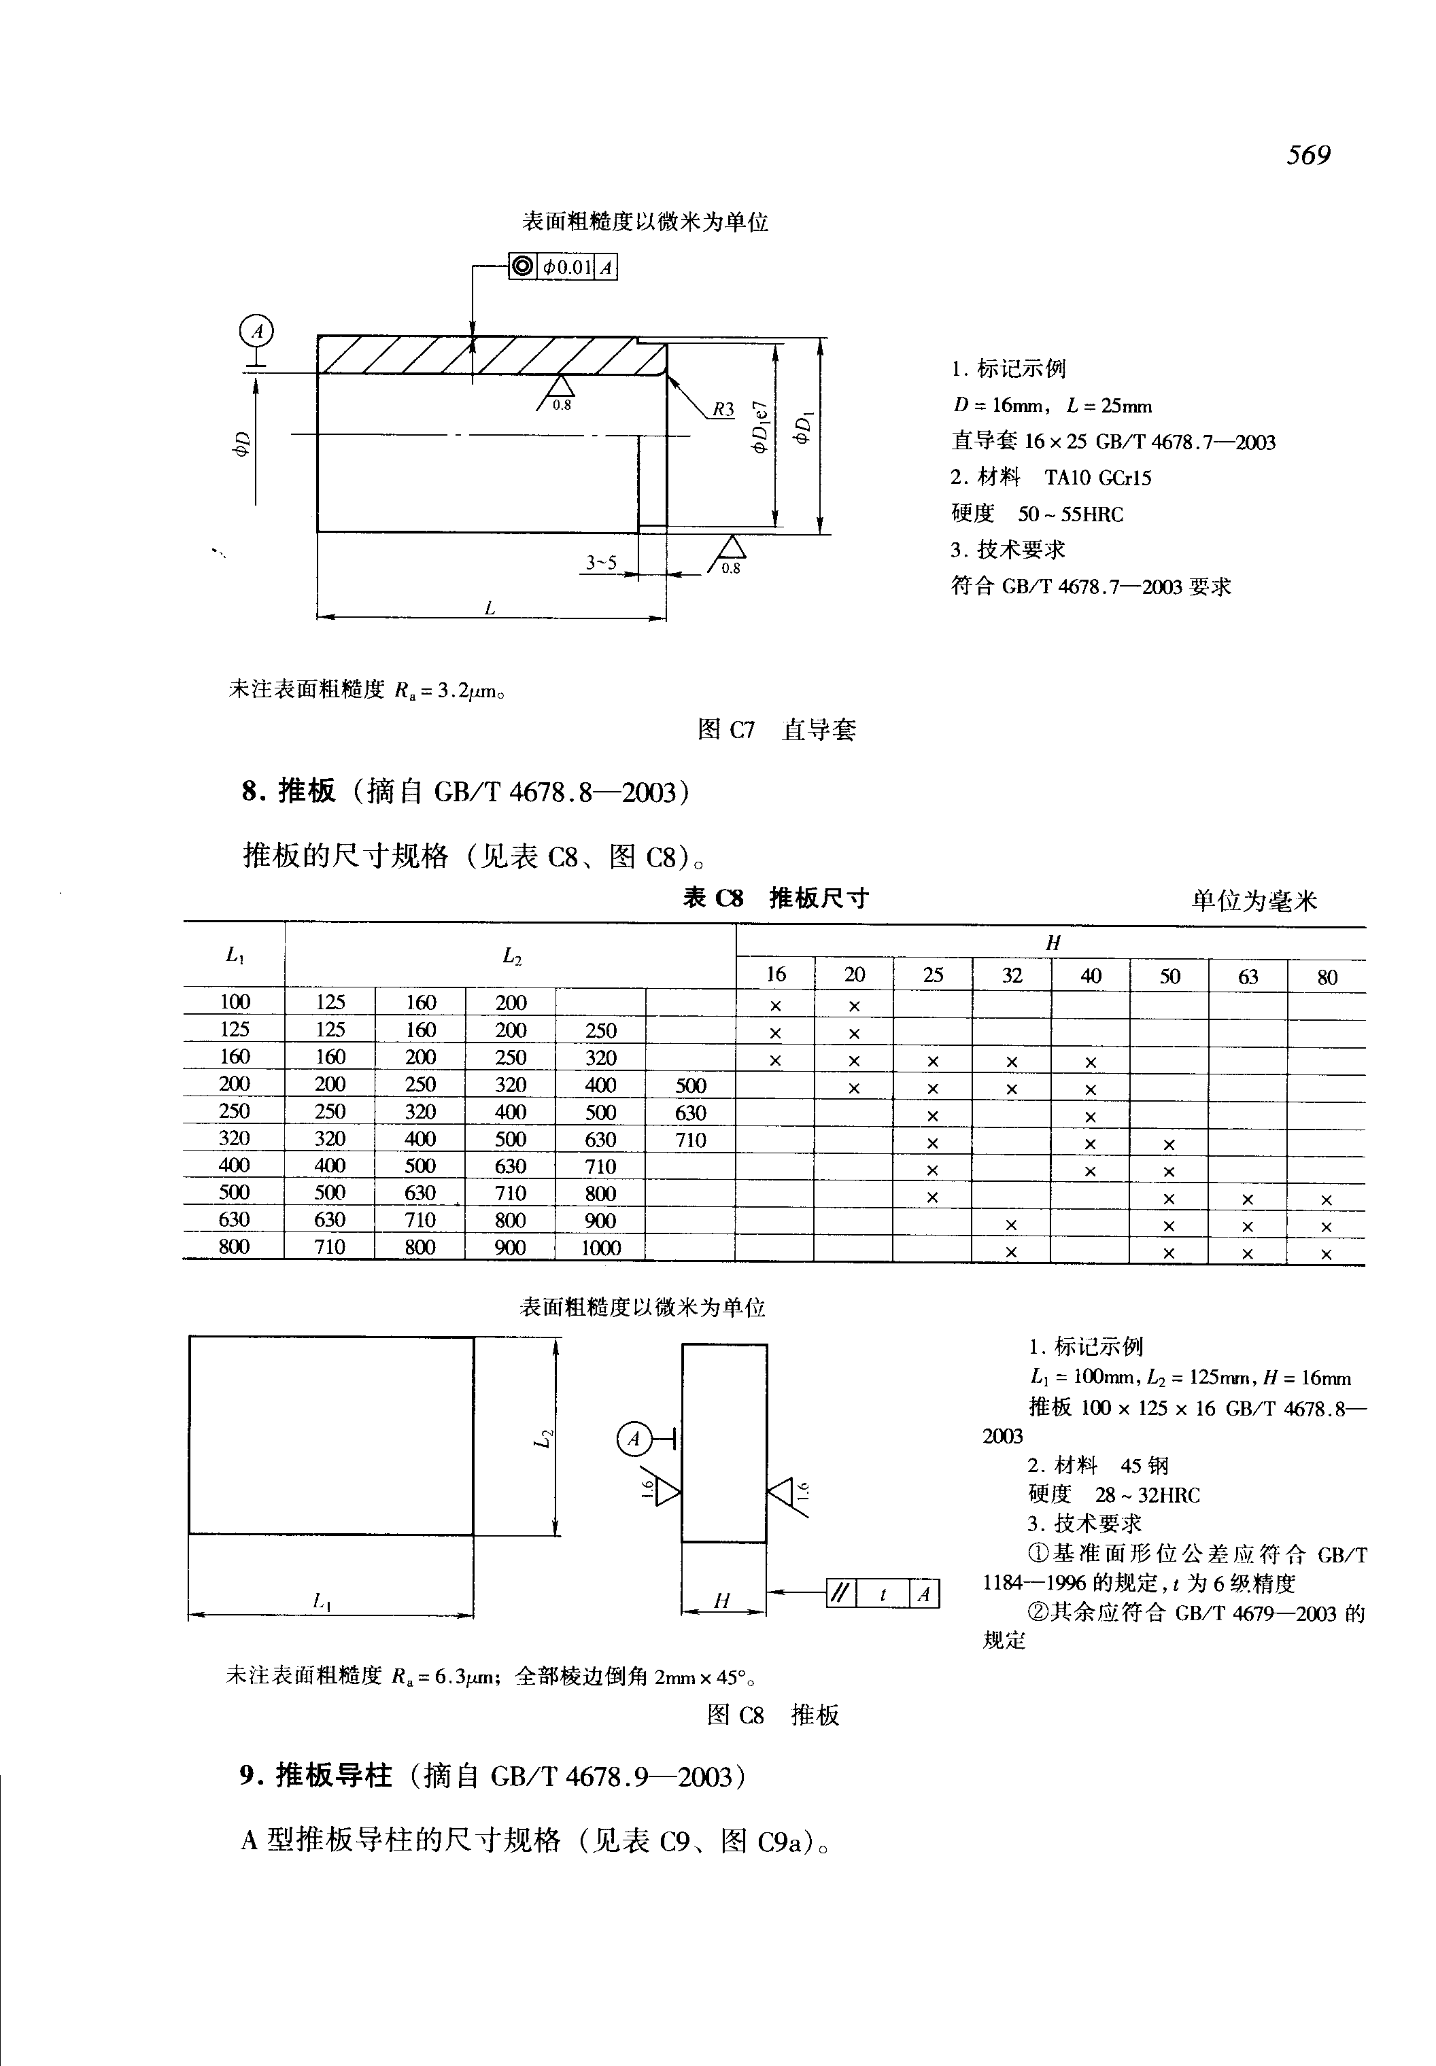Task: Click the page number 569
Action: tap(1307, 156)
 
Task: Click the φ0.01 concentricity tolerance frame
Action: tap(563, 267)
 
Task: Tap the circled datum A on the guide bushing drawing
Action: tap(257, 332)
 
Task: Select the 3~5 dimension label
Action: tap(601, 563)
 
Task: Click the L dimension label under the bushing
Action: tap(490, 608)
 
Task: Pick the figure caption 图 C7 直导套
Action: tap(776, 729)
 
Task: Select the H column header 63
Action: tap(1247, 976)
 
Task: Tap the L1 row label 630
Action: tap(234, 1220)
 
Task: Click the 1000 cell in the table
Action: tap(600, 1248)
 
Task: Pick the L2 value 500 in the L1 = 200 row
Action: tap(690, 1085)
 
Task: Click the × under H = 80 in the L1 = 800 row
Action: tap(1325, 1253)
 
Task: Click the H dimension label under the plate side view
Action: tap(721, 1600)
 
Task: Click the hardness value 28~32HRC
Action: tap(1147, 1495)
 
